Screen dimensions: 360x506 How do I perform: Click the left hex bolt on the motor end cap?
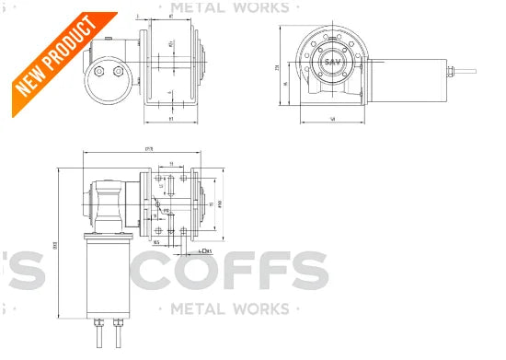(x=98, y=71)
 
